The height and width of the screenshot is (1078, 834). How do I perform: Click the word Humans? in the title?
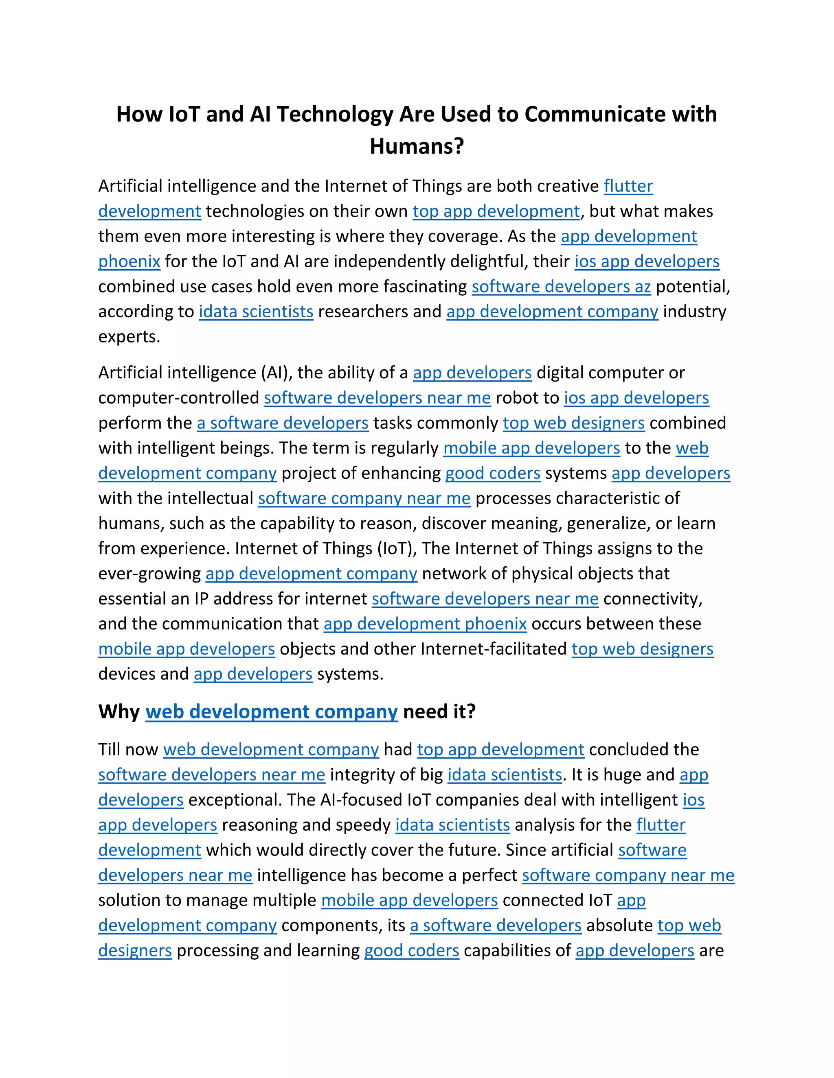[417, 146]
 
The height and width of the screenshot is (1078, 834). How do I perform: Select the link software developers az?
[561, 286]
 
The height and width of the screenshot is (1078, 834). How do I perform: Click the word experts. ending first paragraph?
[129, 337]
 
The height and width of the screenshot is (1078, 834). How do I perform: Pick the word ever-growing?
[149, 574]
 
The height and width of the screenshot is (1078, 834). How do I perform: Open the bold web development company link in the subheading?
[271, 712]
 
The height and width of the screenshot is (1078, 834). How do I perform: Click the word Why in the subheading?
[119, 712]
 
